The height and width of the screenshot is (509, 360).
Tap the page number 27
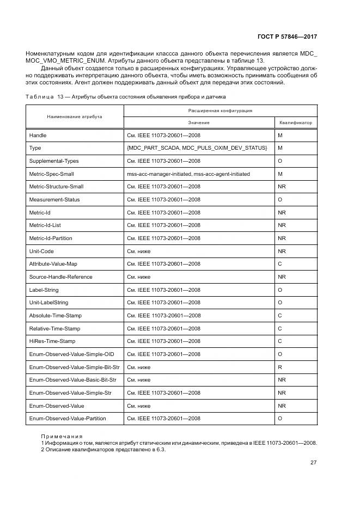click(x=313, y=463)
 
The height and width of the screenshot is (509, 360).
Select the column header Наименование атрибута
click(x=75, y=116)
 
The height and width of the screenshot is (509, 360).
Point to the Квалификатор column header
click(x=295, y=123)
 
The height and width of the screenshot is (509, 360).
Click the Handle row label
click(x=38, y=135)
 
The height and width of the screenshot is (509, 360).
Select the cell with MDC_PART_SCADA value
click(x=197, y=148)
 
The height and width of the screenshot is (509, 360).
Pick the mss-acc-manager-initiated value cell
click(x=188, y=174)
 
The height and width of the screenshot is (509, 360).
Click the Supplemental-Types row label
click(x=54, y=161)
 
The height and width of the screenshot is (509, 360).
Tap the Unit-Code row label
click(x=41, y=252)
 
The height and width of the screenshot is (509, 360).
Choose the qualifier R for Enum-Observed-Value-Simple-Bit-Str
click(x=279, y=367)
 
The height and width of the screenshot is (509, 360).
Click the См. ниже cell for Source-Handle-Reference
click(x=138, y=277)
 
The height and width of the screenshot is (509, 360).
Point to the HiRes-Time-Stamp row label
click(x=52, y=341)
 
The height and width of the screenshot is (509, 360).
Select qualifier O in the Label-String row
click(x=280, y=290)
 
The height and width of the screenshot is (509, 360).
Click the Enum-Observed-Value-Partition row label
click(x=67, y=419)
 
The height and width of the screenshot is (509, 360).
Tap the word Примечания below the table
click(x=62, y=436)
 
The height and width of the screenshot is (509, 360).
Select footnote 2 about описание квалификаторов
click(x=103, y=450)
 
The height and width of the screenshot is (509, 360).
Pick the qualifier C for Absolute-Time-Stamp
click(x=280, y=316)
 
